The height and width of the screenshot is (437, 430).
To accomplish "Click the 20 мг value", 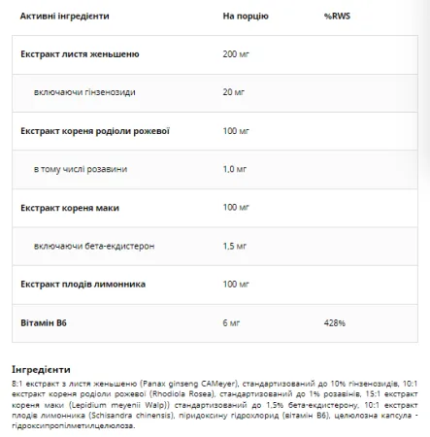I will coord(234,92).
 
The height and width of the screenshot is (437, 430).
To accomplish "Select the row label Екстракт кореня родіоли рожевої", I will coord(95,130).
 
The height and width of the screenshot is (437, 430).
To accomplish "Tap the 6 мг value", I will coord(232,321).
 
